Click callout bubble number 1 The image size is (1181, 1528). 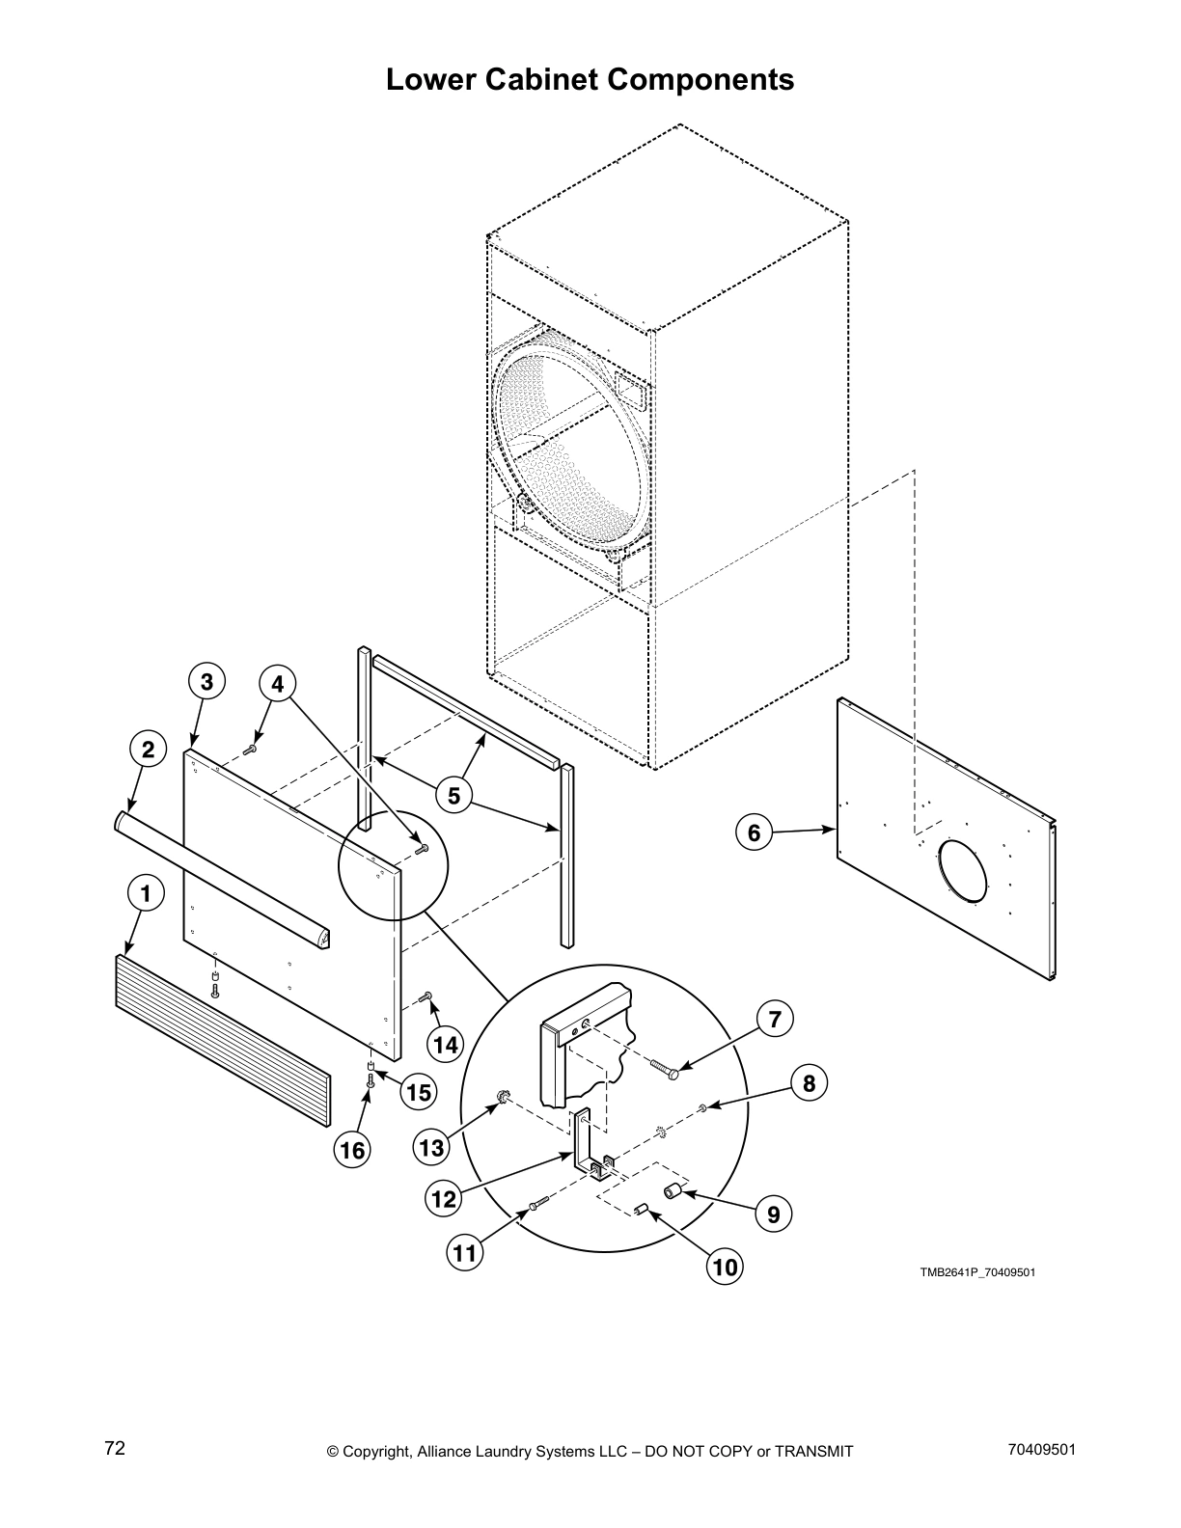click(146, 894)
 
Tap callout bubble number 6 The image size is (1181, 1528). click(755, 832)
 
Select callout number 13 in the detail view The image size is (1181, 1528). click(431, 1147)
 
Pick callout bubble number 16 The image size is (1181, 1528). click(353, 1149)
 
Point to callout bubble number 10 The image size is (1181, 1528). click(726, 1265)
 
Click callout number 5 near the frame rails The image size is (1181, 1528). click(453, 796)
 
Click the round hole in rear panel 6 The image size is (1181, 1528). click(962, 871)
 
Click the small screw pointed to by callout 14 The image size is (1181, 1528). click(426, 996)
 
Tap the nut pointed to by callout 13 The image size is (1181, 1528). click(502, 1096)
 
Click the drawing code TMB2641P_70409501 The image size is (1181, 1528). click(976, 1272)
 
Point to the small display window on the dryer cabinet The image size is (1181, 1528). click(631, 392)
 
